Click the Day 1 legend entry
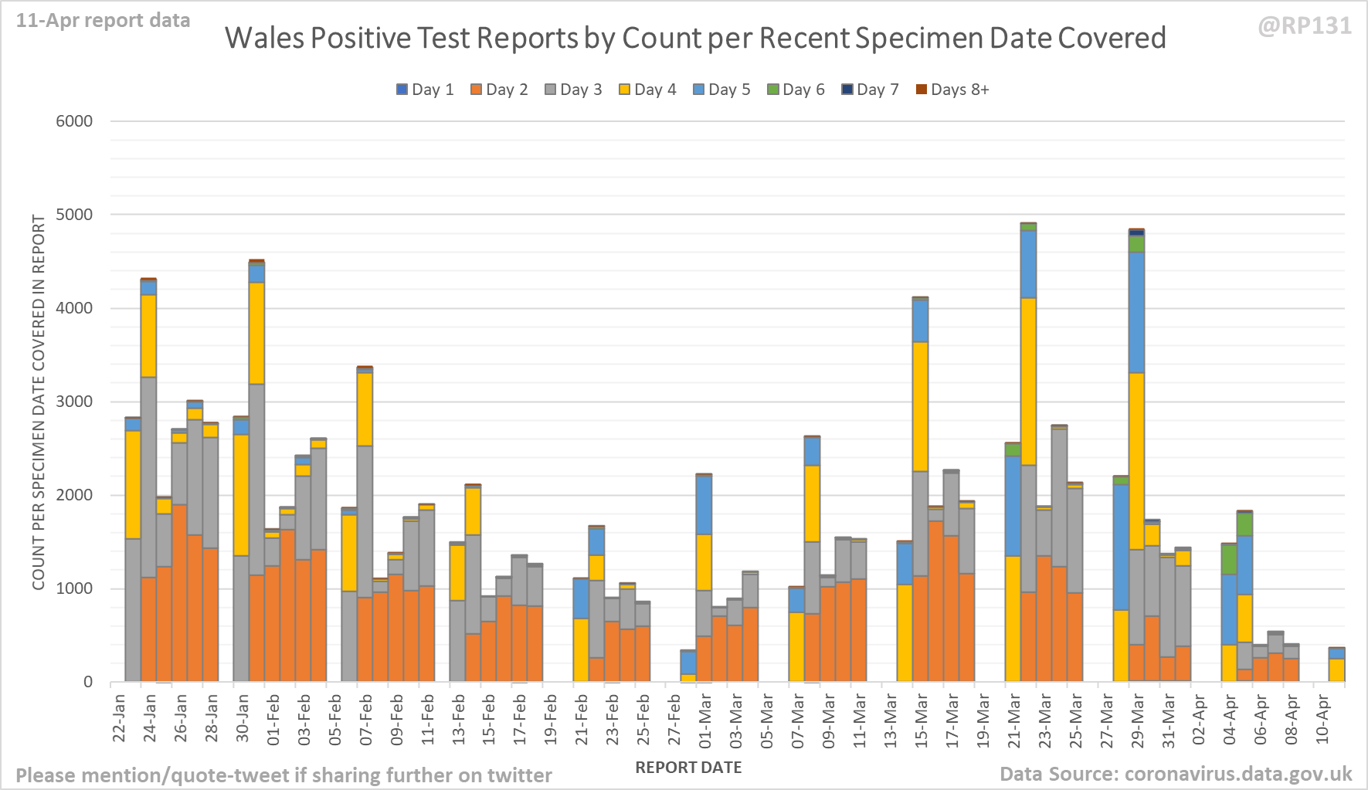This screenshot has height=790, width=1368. (425, 90)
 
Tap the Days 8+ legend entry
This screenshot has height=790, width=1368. (952, 90)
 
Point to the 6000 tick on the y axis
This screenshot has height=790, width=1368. (74, 121)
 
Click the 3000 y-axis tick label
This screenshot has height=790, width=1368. (74, 402)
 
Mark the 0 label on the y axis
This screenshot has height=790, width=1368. (88, 682)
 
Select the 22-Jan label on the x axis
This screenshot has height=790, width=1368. (119, 718)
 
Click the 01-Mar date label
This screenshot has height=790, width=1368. (705, 718)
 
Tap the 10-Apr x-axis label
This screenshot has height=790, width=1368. (1322, 718)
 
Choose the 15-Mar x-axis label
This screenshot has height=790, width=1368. (921, 718)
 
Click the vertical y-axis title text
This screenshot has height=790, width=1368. (39, 402)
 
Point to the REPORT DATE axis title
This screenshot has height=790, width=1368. (688, 768)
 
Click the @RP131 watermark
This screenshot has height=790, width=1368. (1305, 26)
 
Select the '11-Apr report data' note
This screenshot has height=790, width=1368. (103, 21)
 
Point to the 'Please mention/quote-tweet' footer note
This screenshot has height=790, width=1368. (283, 775)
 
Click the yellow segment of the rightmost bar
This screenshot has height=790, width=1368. (1337, 670)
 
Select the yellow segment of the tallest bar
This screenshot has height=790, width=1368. (1028, 381)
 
